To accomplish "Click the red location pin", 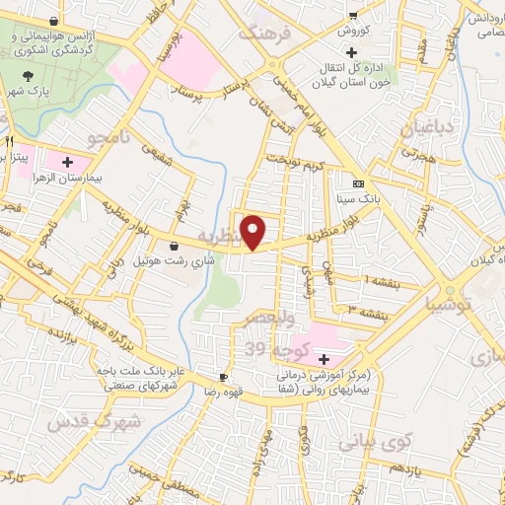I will (x=254, y=231).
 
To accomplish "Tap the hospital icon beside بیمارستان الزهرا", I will (x=67, y=161).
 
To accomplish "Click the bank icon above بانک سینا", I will (x=358, y=184).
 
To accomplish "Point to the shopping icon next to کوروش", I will (x=352, y=15).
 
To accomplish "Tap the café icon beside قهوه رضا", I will (x=223, y=377).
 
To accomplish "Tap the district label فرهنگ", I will (x=267, y=34).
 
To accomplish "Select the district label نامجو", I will (x=109, y=135).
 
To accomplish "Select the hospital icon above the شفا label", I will (x=325, y=358).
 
